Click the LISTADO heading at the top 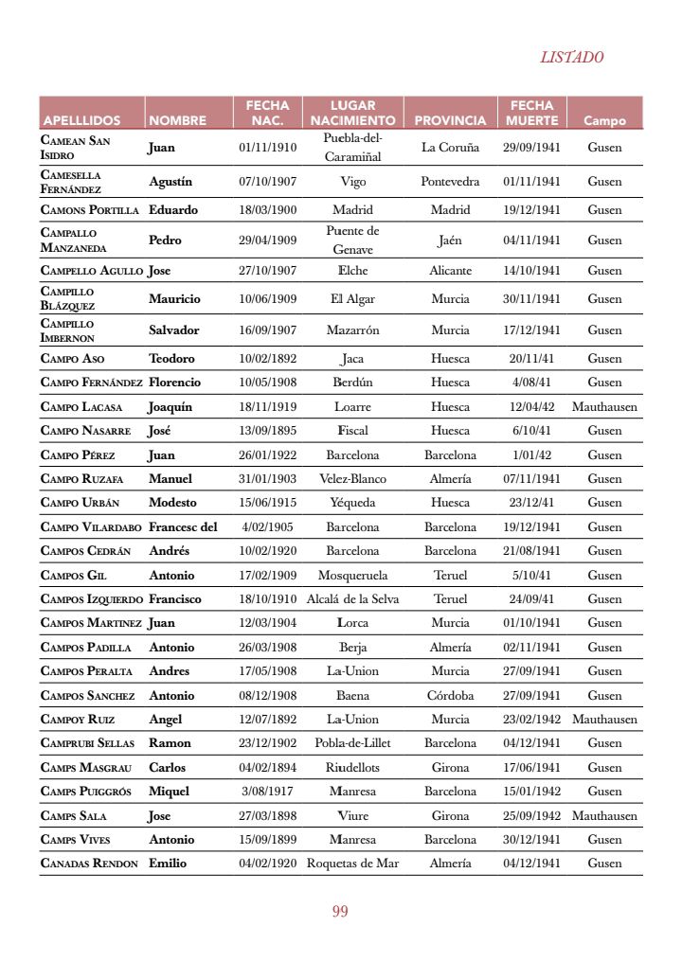click(x=571, y=57)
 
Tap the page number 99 click(x=340, y=912)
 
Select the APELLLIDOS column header click(x=81, y=121)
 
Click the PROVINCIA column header click(x=450, y=121)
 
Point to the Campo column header click(x=604, y=121)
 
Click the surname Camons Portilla click(x=90, y=210)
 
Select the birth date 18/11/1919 click(x=267, y=407)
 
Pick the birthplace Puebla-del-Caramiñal click(x=352, y=148)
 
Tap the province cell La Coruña click(x=450, y=148)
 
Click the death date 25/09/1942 click(x=531, y=815)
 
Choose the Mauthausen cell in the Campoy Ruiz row click(x=604, y=720)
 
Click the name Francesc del click(x=183, y=527)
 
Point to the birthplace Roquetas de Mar click(x=352, y=864)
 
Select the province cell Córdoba click(x=450, y=696)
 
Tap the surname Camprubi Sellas click(x=88, y=743)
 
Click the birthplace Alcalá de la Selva click(x=352, y=599)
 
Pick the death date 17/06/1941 click(x=531, y=768)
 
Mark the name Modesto click(x=172, y=503)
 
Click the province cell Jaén click(x=450, y=240)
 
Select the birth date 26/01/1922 click(x=267, y=455)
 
